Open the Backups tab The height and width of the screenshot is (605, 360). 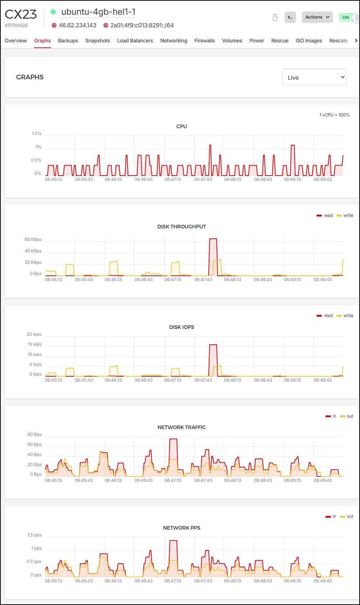click(x=68, y=41)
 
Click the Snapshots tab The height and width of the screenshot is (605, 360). click(x=97, y=41)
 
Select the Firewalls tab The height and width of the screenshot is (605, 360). click(x=204, y=41)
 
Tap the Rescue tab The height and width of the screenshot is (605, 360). click(x=280, y=41)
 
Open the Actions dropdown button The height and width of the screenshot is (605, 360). click(x=317, y=17)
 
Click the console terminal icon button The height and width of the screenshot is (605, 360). click(x=290, y=17)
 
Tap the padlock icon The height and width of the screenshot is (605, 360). click(x=275, y=17)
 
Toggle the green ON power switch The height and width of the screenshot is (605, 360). click(x=348, y=17)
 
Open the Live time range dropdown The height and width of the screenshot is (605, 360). click(x=314, y=77)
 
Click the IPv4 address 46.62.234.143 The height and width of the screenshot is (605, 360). click(x=77, y=25)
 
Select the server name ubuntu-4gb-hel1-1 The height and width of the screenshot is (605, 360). click(x=98, y=12)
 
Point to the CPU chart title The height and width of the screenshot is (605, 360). click(x=181, y=126)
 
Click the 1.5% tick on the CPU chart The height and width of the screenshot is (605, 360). click(x=36, y=134)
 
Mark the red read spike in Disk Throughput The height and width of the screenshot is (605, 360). click(x=213, y=239)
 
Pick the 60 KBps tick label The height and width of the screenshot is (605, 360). click(x=33, y=239)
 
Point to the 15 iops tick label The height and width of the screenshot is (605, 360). click(x=34, y=344)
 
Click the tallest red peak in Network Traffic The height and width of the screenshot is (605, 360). click(x=173, y=439)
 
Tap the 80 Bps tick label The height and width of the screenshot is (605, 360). click(x=34, y=434)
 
